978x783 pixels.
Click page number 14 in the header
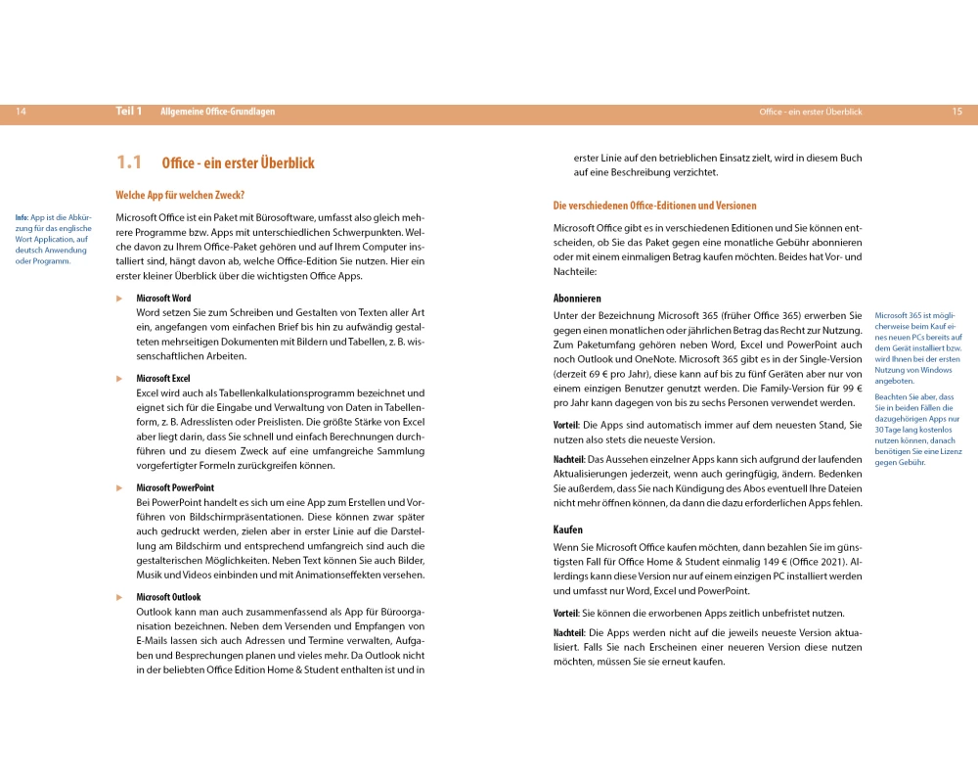pyautogui.click(x=21, y=113)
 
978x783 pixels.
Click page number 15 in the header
pyautogui.click(x=956, y=113)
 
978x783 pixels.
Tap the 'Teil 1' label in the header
pyautogui.click(x=129, y=112)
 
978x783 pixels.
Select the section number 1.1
pyautogui.click(x=129, y=162)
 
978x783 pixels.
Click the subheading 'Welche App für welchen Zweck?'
pyautogui.click(x=180, y=195)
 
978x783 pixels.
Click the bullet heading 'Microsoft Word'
pyautogui.click(x=163, y=298)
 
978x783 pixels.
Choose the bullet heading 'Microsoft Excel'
pyautogui.click(x=163, y=378)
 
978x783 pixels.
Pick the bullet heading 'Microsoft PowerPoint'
pyautogui.click(x=175, y=487)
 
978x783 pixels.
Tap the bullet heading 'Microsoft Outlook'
pyautogui.click(x=168, y=596)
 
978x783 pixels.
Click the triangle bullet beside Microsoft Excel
pyautogui.click(x=119, y=378)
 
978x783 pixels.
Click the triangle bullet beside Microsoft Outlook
pyautogui.click(x=119, y=596)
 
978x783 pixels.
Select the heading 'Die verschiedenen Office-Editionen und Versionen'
pyautogui.click(x=654, y=206)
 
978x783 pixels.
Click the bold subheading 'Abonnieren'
pyautogui.click(x=577, y=298)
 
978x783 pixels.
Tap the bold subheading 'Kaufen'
pyautogui.click(x=568, y=530)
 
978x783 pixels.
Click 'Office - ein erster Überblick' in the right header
pyautogui.click(x=811, y=113)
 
